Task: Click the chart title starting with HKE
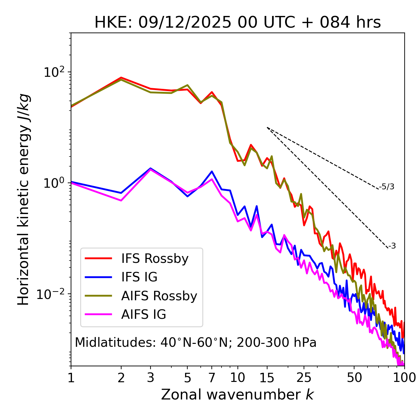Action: click(237, 22)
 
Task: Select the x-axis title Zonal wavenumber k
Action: click(237, 395)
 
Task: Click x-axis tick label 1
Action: click(71, 378)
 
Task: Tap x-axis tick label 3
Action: click(150, 378)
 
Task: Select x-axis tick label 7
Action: click(212, 378)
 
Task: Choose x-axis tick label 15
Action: click(267, 378)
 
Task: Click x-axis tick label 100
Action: click(404, 378)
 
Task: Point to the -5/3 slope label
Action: click(387, 187)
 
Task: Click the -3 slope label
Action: click(392, 246)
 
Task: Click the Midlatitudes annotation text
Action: click(195, 343)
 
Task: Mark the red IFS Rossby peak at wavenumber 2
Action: click(121, 78)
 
